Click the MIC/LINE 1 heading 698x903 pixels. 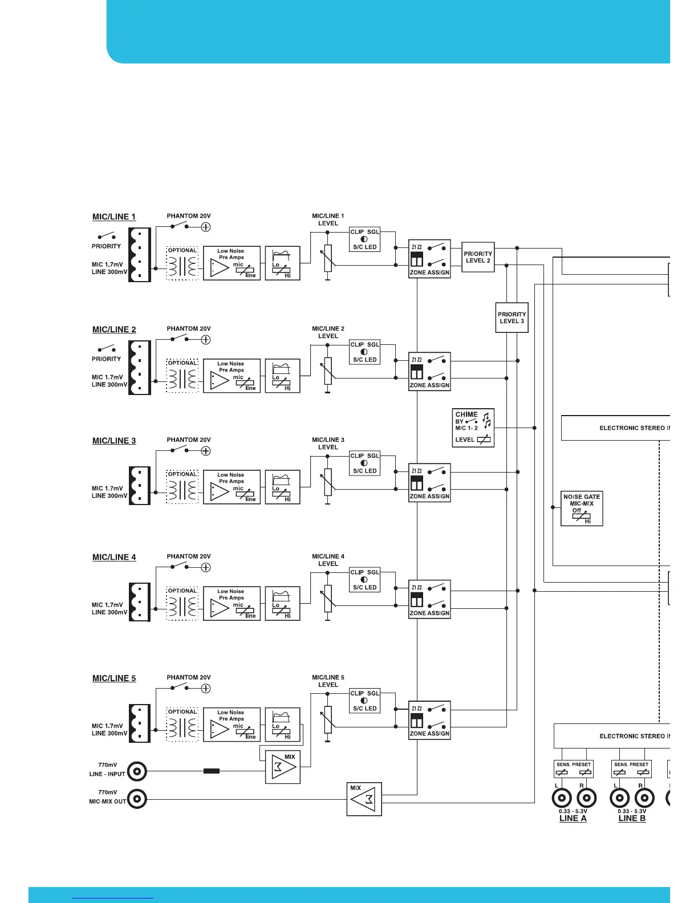[114, 217]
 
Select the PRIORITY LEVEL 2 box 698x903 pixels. [478, 257]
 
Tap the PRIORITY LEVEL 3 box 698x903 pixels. [512, 318]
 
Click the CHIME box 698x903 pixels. [473, 428]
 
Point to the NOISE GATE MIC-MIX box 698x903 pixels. [582, 509]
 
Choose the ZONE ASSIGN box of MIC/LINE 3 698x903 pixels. [430, 482]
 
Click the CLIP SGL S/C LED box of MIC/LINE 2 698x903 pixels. [365, 352]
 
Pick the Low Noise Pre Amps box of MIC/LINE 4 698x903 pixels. [232, 603]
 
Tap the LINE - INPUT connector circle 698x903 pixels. [137, 772]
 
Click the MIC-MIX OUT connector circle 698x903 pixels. [137, 799]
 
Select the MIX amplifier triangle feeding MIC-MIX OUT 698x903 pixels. [364, 799]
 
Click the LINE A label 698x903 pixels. [573, 818]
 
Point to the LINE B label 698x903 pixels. [632, 818]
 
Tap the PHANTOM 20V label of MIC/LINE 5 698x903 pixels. [189, 677]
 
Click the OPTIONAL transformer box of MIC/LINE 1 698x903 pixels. [182, 263]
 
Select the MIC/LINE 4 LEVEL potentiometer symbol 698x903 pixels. [328, 599]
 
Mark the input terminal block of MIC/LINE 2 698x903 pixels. [140, 368]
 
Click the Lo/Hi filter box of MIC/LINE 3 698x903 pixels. [282, 487]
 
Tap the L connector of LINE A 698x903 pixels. [562, 798]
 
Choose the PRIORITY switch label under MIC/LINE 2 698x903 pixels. [107, 359]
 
